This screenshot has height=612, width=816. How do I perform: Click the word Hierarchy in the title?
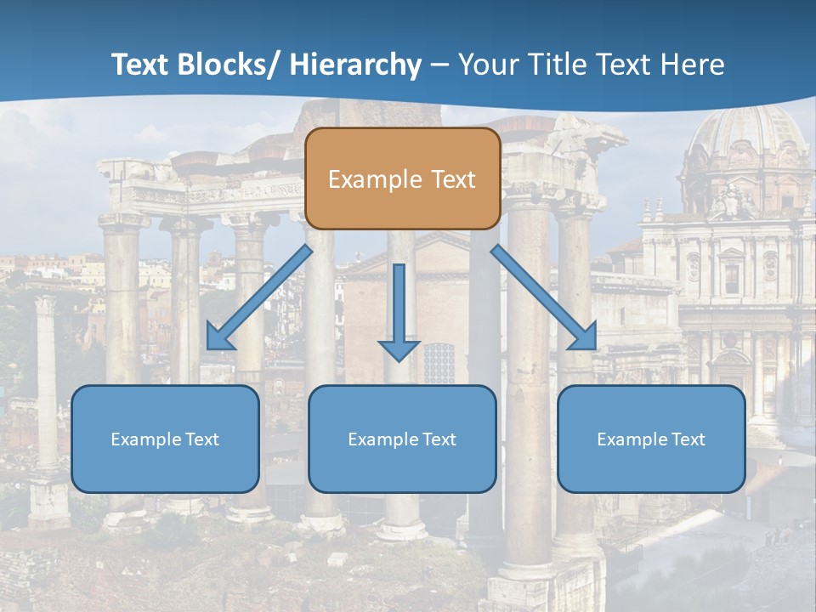[x=355, y=65]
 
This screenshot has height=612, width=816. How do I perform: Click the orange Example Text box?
[x=402, y=178]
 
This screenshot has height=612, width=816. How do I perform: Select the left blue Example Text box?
[x=165, y=439]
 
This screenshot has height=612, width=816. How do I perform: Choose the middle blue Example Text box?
[x=402, y=439]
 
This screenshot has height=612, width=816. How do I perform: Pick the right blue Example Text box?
[x=651, y=439]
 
